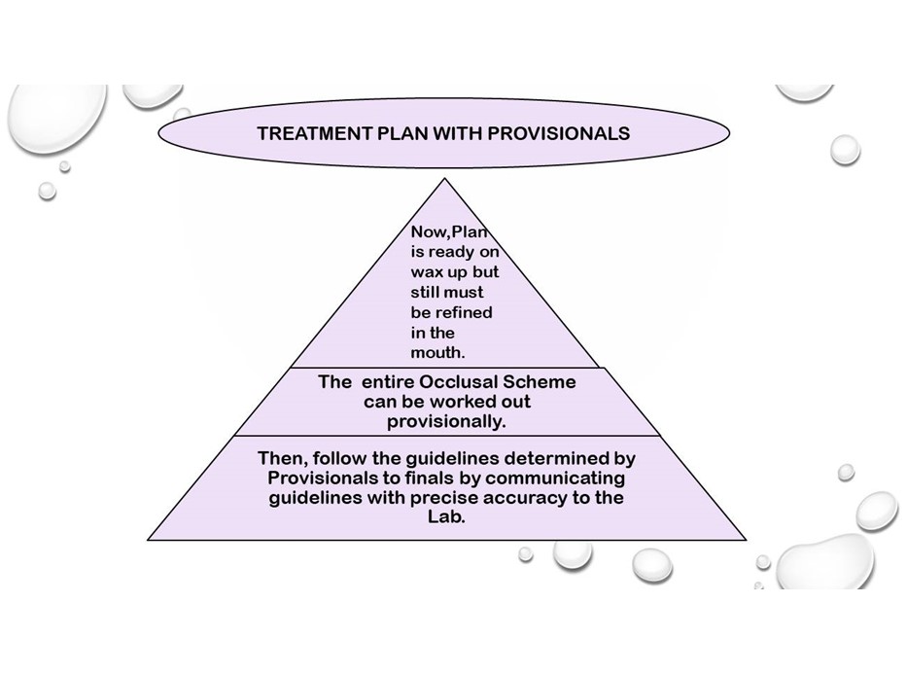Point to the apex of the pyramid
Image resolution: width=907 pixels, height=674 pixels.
coord(444,178)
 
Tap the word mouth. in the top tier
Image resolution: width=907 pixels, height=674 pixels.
coord(437,352)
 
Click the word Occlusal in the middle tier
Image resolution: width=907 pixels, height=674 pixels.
coord(458,382)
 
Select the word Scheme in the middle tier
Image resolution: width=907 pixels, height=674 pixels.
coord(540,382)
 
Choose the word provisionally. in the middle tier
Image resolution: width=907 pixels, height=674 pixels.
coord(446,422)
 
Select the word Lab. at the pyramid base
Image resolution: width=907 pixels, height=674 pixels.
coord(446,516)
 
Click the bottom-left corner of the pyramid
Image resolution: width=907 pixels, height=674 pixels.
coord(148,540)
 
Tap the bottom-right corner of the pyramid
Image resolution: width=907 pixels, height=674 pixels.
coord(746,540)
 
